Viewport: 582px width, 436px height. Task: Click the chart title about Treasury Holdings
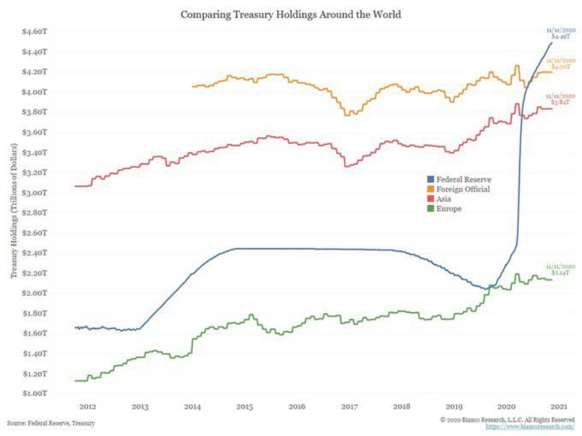pos(291,14)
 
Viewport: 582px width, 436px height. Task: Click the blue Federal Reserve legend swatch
pos(430,178)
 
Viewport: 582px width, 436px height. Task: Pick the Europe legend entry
pos(448,209)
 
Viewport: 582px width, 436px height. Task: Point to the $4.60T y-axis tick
pos(37,32)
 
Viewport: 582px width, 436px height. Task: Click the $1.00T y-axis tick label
pos(37,393)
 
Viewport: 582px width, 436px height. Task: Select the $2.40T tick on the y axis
pos(37,253)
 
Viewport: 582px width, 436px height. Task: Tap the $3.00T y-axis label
pos(37,193)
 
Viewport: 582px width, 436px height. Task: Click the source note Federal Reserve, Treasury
pos(52,422)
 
